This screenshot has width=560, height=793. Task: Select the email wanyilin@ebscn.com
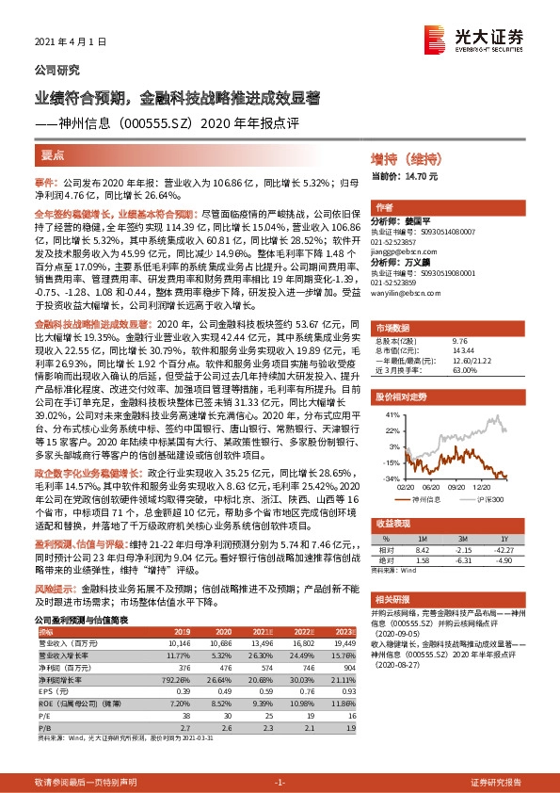(x=406, y=293)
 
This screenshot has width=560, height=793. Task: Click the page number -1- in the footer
(x=280, y=784)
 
